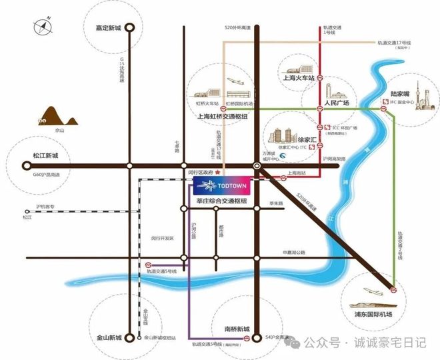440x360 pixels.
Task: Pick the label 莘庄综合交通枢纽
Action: pos(217,201)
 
